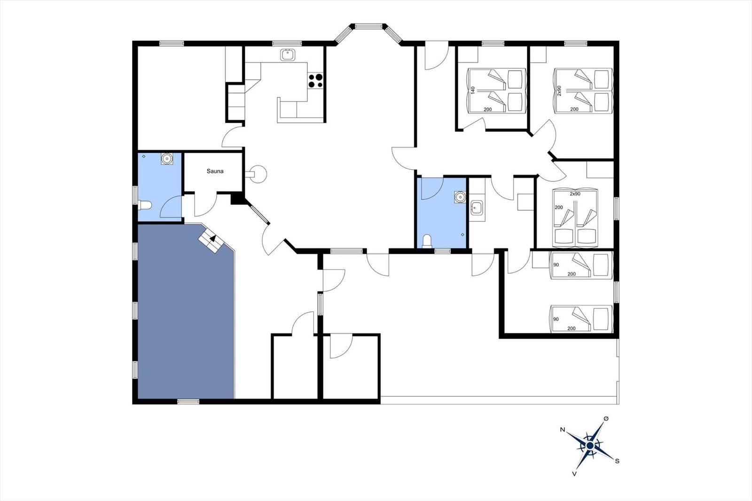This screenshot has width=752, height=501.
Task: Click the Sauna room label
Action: (215, 171)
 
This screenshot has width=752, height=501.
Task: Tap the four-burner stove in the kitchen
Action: (315, 80)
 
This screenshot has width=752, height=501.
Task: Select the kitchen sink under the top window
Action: (288, 55)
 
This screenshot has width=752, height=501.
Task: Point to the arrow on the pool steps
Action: (212, 238)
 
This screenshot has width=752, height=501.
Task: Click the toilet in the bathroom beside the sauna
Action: (145, 205)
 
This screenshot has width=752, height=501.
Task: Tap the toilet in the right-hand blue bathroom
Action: (427, 242)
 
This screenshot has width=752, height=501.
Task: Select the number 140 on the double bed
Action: (473, 90)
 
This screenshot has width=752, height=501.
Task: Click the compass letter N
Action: (562, 430)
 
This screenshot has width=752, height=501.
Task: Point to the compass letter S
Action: (617, 461)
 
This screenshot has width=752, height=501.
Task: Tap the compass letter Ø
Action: (606, 419)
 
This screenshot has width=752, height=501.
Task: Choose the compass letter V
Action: (574, 474)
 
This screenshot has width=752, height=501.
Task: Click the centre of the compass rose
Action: (590, 446)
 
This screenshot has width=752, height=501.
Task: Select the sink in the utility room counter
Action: (477, 208)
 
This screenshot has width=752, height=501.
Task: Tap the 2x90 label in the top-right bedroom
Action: (559, 90)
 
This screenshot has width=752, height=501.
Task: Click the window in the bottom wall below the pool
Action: (188, 402)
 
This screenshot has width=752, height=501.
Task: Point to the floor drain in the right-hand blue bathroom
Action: (462, 235)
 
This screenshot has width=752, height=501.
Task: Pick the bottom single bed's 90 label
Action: (556, 319)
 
